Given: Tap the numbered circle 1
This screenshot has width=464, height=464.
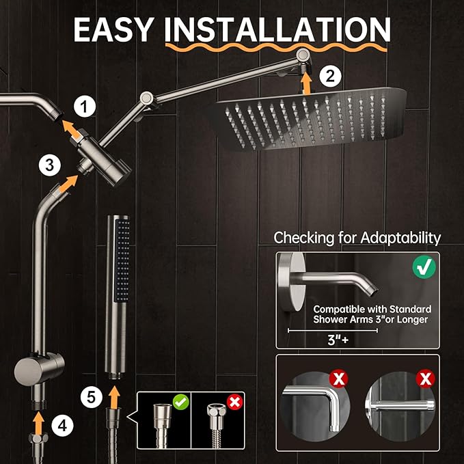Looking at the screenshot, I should pyautogui.click(x=85, y=106).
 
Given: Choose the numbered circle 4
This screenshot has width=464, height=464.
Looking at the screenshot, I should pyautogui.click(x=62, y=426).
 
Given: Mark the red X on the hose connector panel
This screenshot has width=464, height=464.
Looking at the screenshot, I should pyautogui.click(x=234, y=401).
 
